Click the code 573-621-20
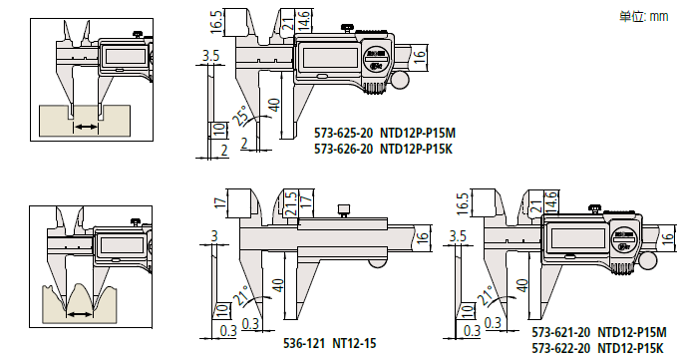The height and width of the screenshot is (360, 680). [560, 331]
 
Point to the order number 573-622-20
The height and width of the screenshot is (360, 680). [560, 346]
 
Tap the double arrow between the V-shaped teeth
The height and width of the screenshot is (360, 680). [78, 313]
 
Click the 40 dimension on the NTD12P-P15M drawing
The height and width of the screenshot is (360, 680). [272, 105]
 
